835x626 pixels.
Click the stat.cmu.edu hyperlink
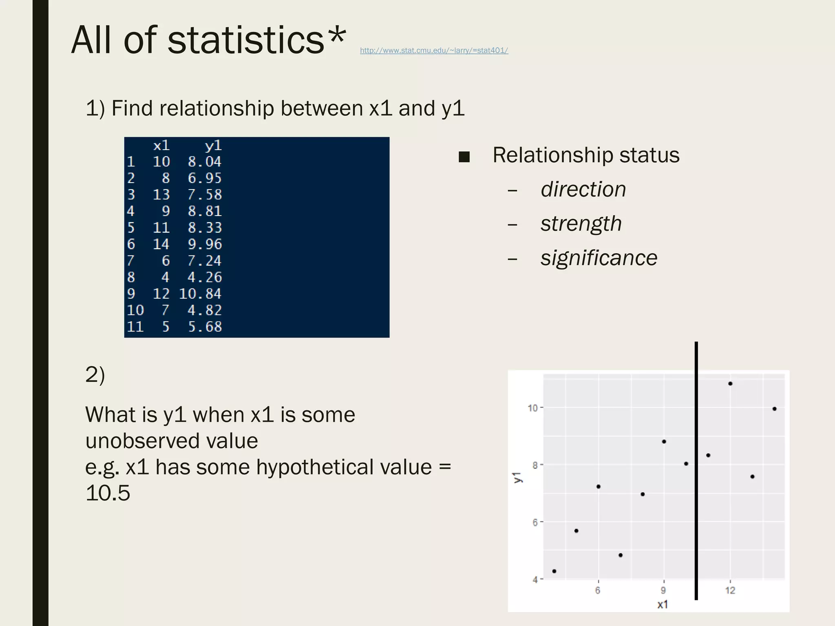point(434,51)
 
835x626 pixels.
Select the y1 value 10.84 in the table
point(200,294)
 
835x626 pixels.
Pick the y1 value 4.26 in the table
point(205,278)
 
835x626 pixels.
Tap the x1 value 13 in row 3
point(161,195)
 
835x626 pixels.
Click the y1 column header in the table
point(213,145)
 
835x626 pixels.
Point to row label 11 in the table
point(135,327)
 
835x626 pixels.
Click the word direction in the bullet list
point(583,190)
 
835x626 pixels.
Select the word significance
point(599,258)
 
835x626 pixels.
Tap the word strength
point(581,224)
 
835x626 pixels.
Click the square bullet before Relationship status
point(464,157)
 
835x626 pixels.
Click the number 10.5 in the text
point(108,493)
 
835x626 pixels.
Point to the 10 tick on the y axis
point(532,408)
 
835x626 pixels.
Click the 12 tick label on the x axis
point(730,590)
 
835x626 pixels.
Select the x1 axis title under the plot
point(663,604)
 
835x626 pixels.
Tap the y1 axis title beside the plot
point(518,477)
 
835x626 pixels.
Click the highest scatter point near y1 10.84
point(730,384)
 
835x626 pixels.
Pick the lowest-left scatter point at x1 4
point(554,571)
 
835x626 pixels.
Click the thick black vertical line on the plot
point(696,469)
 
